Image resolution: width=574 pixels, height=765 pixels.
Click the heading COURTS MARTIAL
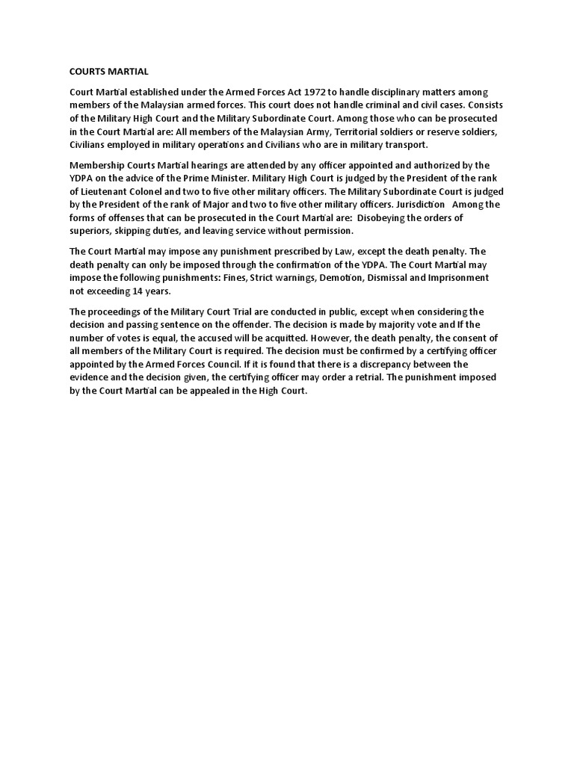pyautogui.click(x=109, y=72)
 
